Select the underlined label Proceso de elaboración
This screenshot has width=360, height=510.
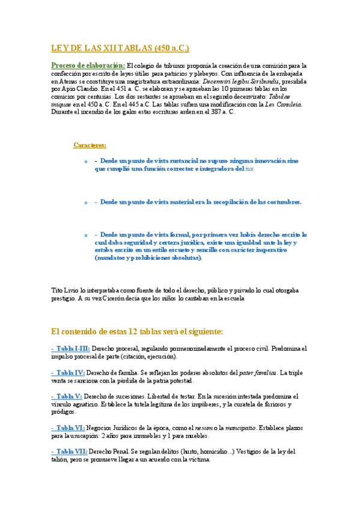[x=88, y=65]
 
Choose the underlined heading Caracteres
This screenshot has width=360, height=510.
[x=90, y=145]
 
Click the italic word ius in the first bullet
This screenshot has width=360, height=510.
[x=249, y=170]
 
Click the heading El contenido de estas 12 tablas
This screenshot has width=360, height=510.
[x=138, y=331]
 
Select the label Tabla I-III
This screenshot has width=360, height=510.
[x=71, y=348]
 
